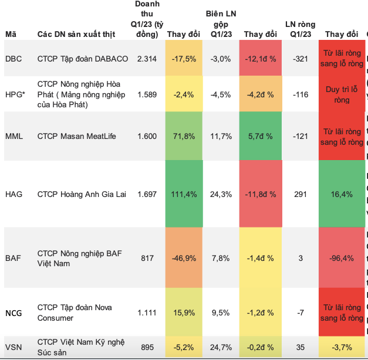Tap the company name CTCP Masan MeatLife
(77, 136)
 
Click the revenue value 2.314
(147, 59)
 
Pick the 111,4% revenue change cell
(184, 193)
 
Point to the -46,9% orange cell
(184, 257)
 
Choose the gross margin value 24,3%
(221, 193)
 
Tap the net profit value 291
(301, 193)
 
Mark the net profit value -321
(301, 59)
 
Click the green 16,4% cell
(342, 193)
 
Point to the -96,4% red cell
(342, 257)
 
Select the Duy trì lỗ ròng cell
(342, 94)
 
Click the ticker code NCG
(13, 313)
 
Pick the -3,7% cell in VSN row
(342, 347)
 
